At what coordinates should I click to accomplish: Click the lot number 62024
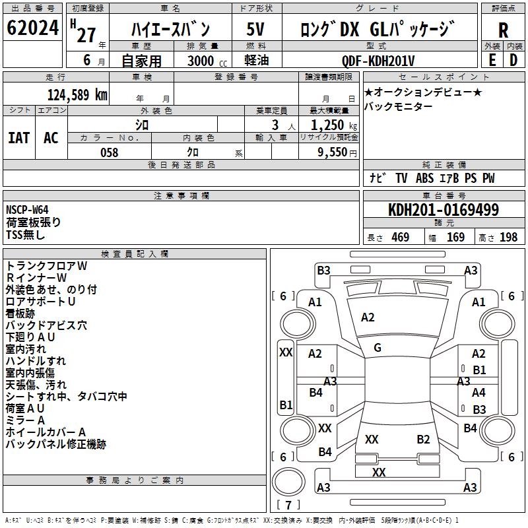point(32,28)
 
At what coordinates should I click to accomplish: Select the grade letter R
point(503,30)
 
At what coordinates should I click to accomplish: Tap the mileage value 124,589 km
point(77,94)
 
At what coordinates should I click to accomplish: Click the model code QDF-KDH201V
point(378,61)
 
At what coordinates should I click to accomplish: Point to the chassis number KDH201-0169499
point(443,209)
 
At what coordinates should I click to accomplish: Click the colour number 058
point(109,152)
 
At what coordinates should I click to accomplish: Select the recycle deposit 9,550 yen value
point(337,152)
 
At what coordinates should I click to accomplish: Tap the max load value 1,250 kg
point(333,125)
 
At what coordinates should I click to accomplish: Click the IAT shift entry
point(19,138)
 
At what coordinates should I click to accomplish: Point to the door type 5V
point(255,29)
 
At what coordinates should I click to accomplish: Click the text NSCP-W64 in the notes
point(27,210)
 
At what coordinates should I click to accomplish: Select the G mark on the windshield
point(377,348)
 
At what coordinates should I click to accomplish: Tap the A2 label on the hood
point(368,317)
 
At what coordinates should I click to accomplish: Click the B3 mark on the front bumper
point(323,271)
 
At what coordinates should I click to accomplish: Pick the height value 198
point(508,237)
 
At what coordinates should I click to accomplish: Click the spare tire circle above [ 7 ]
point(288,482)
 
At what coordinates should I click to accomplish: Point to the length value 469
point(400,237)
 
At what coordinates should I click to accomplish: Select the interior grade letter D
point(513,60)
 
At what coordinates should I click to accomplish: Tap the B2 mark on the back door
point(423,439)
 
